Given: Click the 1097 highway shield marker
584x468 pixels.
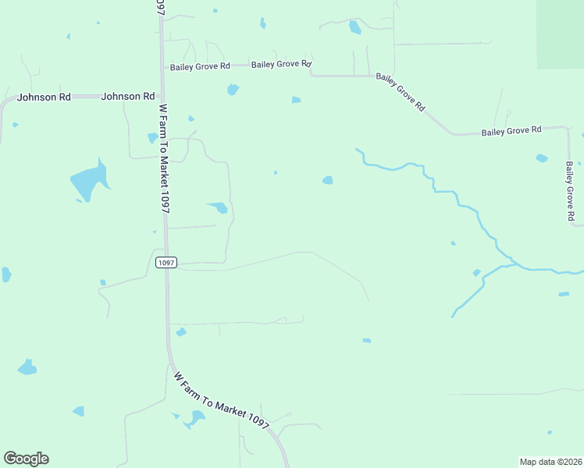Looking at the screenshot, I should tap(166, 263).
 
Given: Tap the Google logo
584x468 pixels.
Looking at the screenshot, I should tap(26, 459).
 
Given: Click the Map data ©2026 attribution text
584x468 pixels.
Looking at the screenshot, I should tap(550, 461).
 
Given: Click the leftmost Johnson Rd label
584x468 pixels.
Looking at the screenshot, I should tap(44, 97).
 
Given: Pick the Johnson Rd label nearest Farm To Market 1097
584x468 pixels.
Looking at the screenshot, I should tap(127, 96).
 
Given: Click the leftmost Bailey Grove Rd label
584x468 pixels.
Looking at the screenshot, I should tap(200, 67).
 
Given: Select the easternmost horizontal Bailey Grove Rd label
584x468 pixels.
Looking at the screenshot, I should tap(511, 131).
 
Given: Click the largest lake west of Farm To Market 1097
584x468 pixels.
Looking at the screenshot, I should tap(87, 182).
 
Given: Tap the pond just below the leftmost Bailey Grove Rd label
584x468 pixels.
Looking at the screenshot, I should tap(232, 90).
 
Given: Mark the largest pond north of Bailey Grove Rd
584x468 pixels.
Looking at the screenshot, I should tap(355, 28).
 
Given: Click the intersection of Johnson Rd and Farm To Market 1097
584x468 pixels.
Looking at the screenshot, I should tap(161, 96).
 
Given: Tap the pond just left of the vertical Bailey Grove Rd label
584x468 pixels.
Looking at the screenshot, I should tap(542, 158).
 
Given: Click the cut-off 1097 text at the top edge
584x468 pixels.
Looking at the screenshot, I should tap(159, 7).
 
